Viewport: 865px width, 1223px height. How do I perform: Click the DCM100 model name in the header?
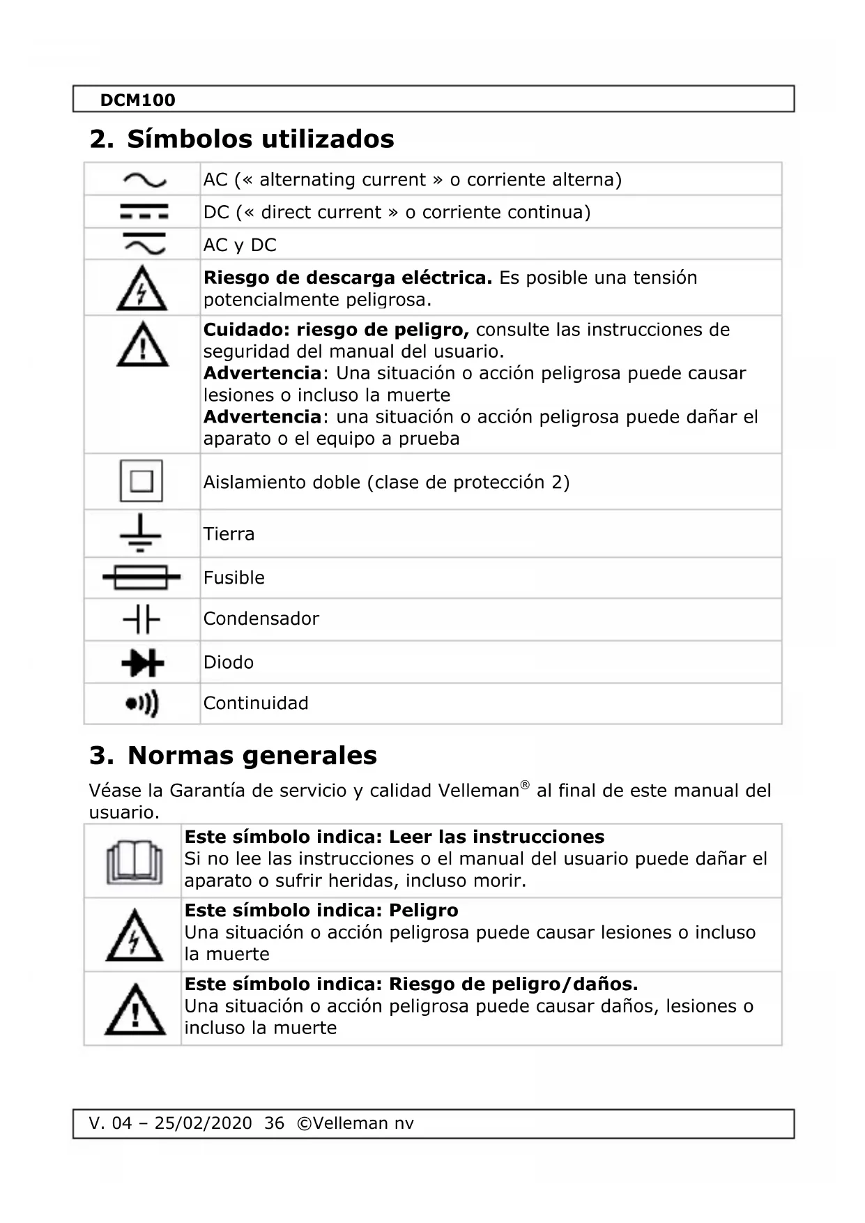click(137, 100)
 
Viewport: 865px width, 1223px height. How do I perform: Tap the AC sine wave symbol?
click(144, 181)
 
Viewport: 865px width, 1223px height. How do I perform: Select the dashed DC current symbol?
click(144, 211)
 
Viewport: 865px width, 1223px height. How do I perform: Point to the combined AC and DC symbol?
click(144, 244)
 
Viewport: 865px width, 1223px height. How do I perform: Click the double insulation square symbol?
click(141, 481)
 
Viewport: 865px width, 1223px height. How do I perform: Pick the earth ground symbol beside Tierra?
click(140, 533)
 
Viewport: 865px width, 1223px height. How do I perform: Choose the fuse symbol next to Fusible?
click(141, 577)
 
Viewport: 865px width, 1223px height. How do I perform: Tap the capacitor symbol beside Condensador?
click(141, 619)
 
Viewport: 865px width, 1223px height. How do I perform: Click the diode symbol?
click(142, 662)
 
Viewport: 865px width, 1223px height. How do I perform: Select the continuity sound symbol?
click(142, 704)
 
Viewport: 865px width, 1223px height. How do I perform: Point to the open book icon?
click(134, 862)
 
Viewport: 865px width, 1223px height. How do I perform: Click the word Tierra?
click(229, 534)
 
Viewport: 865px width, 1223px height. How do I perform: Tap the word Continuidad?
click(256, 703)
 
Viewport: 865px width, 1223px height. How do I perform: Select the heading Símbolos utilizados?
click(260, 139)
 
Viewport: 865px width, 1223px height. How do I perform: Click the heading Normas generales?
click(252, 755)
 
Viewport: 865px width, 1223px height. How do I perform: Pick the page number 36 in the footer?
click(275, 1123)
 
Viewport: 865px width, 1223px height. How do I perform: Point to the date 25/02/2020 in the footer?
click(203, 1123)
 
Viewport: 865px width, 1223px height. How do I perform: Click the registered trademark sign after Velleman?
click(525, 785)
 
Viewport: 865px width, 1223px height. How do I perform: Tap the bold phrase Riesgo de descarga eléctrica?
click(347, 278)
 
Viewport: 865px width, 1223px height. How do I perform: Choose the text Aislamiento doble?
click(282, 482)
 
